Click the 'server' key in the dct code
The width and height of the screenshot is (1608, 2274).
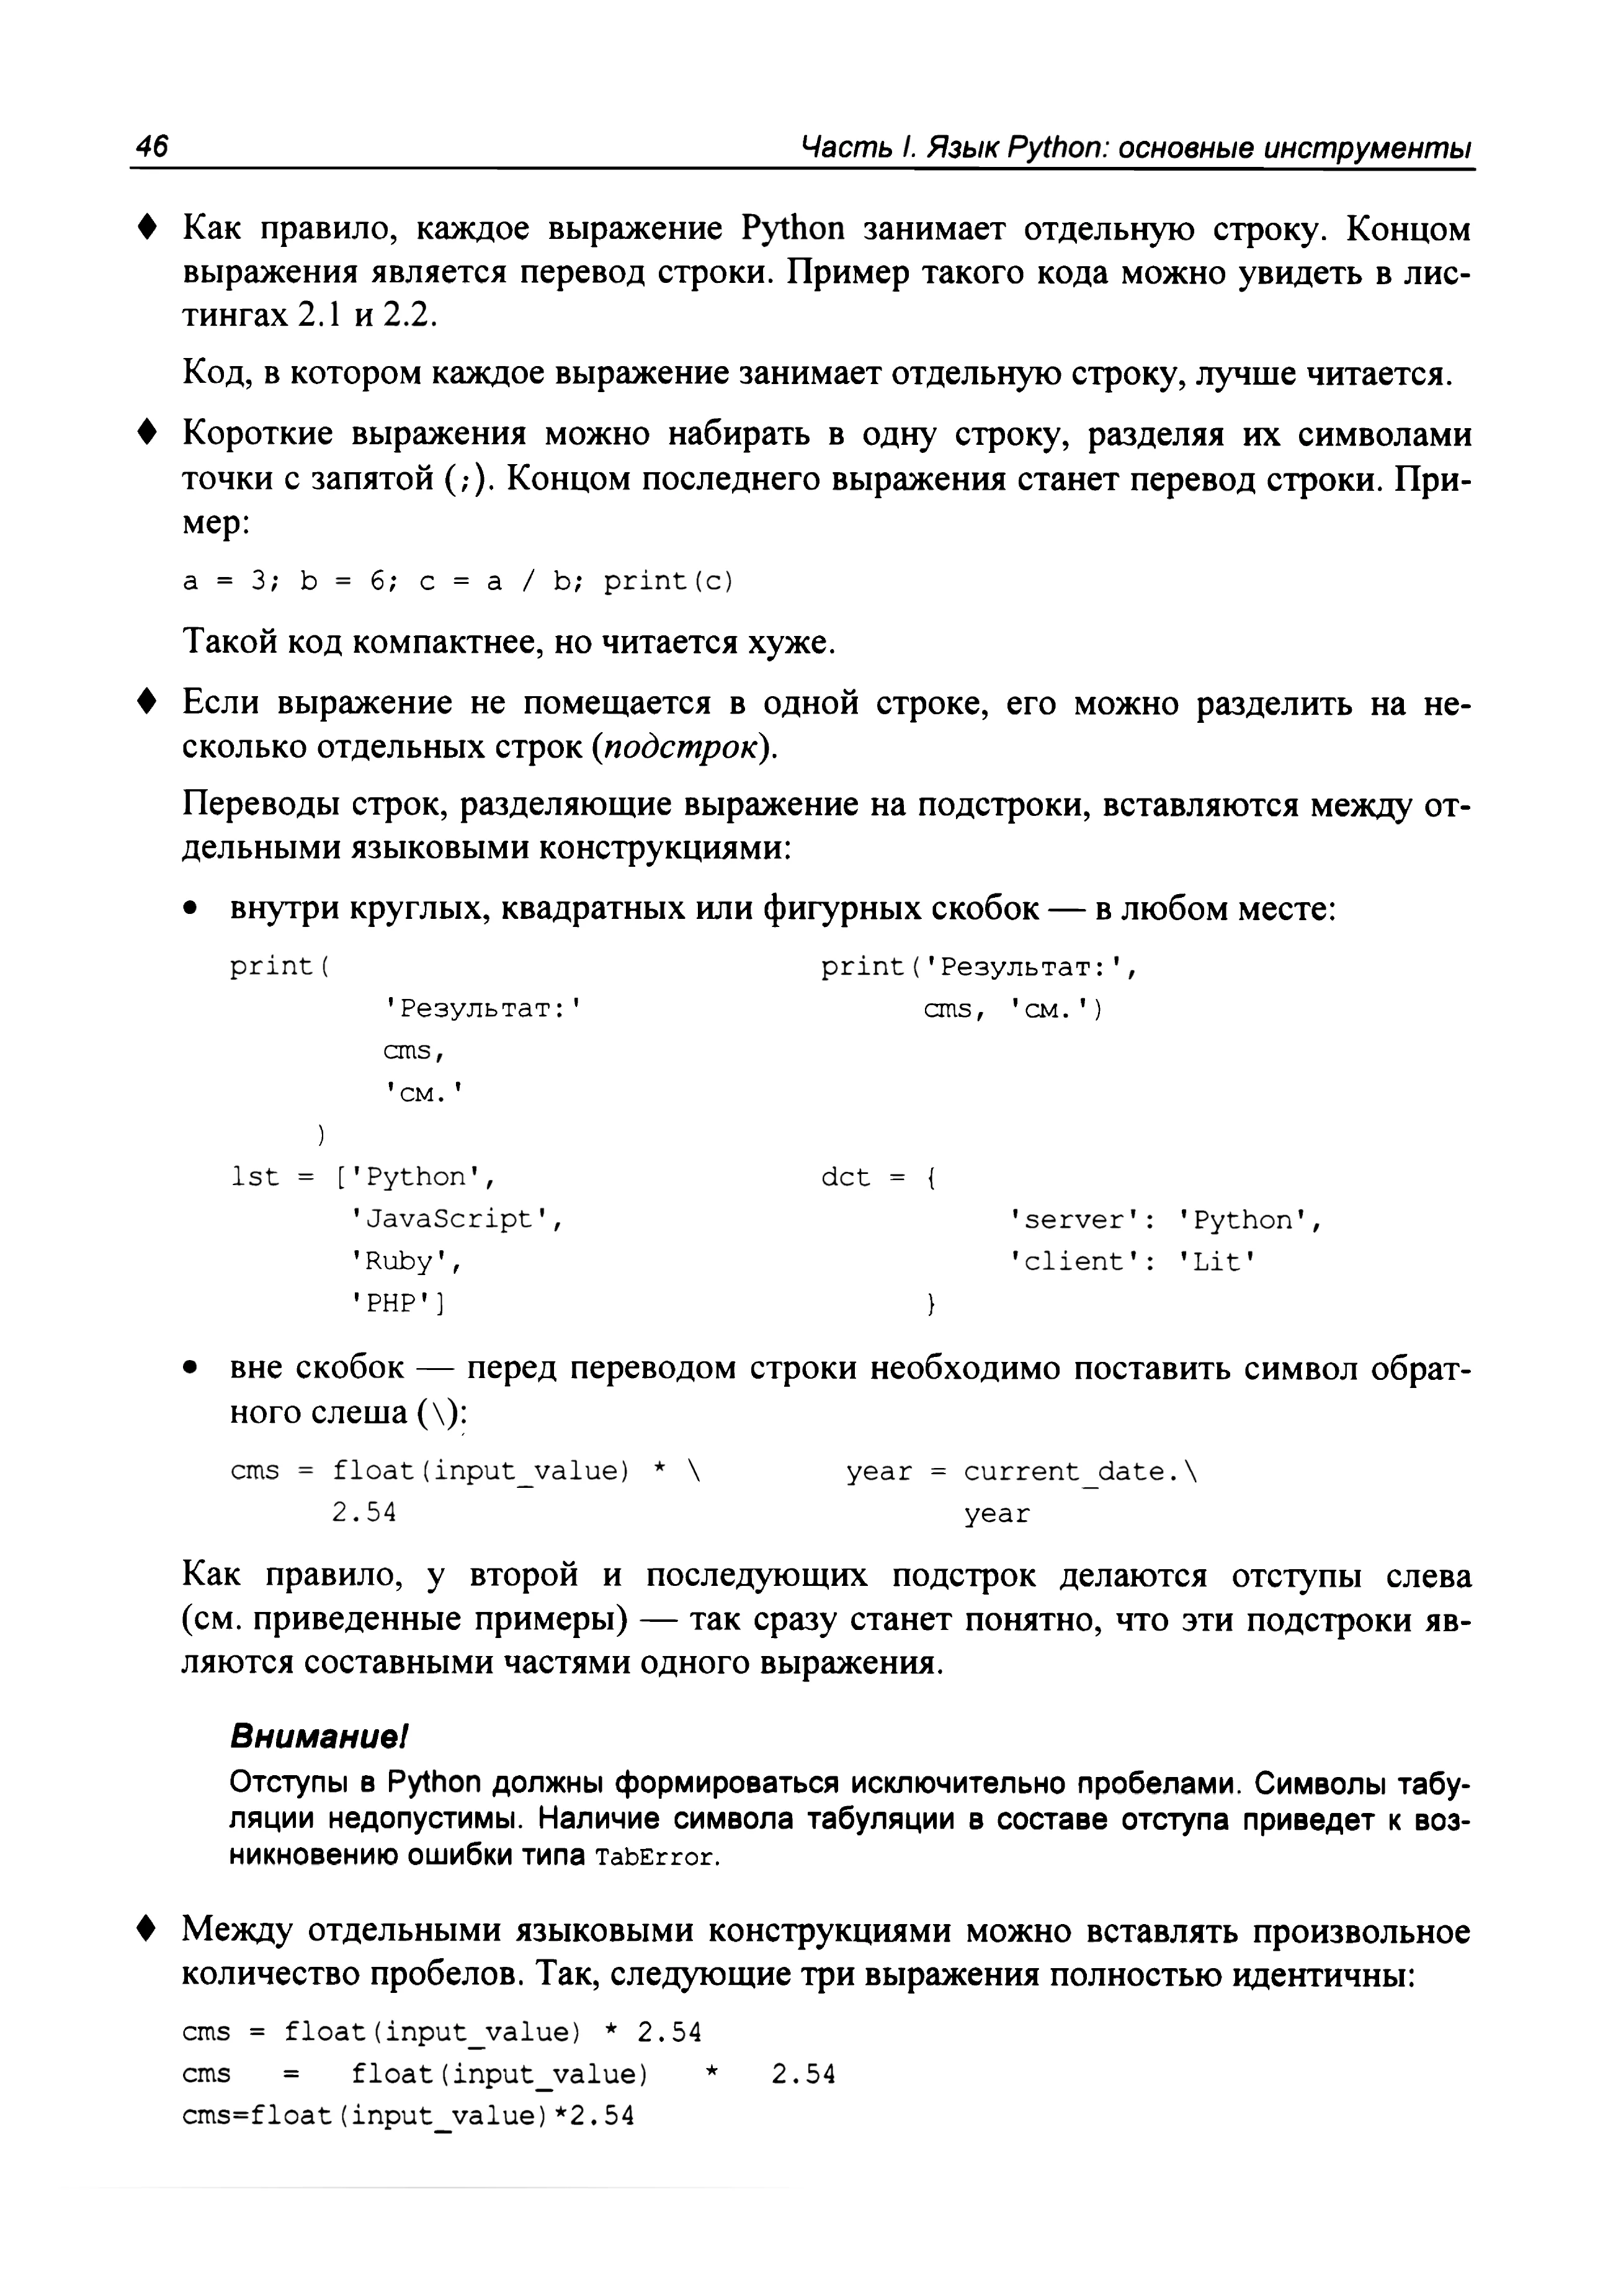pos(1074,1219)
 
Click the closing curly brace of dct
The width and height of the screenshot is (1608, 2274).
pos(930,1304)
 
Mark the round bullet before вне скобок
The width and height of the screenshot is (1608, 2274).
pos(192,1371)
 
